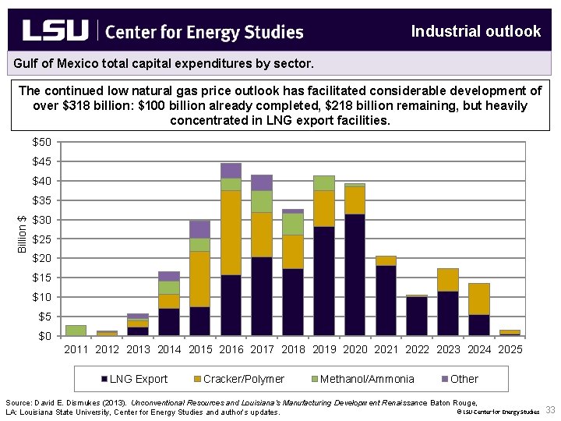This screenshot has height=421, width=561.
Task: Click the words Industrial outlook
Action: click(475, 31)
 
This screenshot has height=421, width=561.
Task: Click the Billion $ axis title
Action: click(23, 234)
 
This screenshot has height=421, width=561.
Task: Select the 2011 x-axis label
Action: click(76, 349)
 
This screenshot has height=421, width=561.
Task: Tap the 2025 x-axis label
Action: click(510, 349)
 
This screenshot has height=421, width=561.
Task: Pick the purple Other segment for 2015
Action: click(199, 229)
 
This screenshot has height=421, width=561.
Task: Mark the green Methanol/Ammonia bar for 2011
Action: click(76, 331)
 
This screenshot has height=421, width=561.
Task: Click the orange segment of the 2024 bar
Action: click(479, 299)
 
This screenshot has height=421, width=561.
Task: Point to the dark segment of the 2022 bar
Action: click(417, 316)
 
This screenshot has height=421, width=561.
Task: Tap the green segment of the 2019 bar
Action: click(324, 183)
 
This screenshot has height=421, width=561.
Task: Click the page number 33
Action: click(549, 410)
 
